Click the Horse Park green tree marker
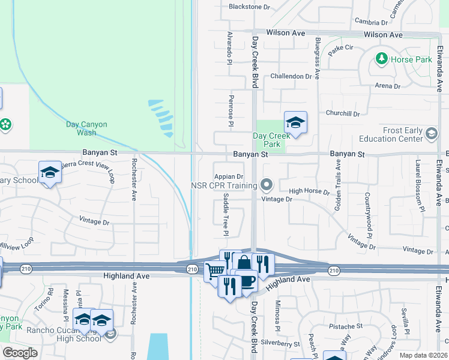[x=381, y=59]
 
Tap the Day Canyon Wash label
[x=86, y=128]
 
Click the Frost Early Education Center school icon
[x=430, y=134]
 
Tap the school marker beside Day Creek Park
[x=295, y=123]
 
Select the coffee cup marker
[x=246, y=280]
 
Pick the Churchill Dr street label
[x=343, y=113]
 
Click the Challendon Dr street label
[x=291, y=76]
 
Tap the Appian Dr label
[x=229, y=176]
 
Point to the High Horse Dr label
[x=309, y=192]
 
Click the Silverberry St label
[x=280, y=344]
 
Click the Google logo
[x=20, y=353]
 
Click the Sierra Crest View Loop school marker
[x=50, y=173]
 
